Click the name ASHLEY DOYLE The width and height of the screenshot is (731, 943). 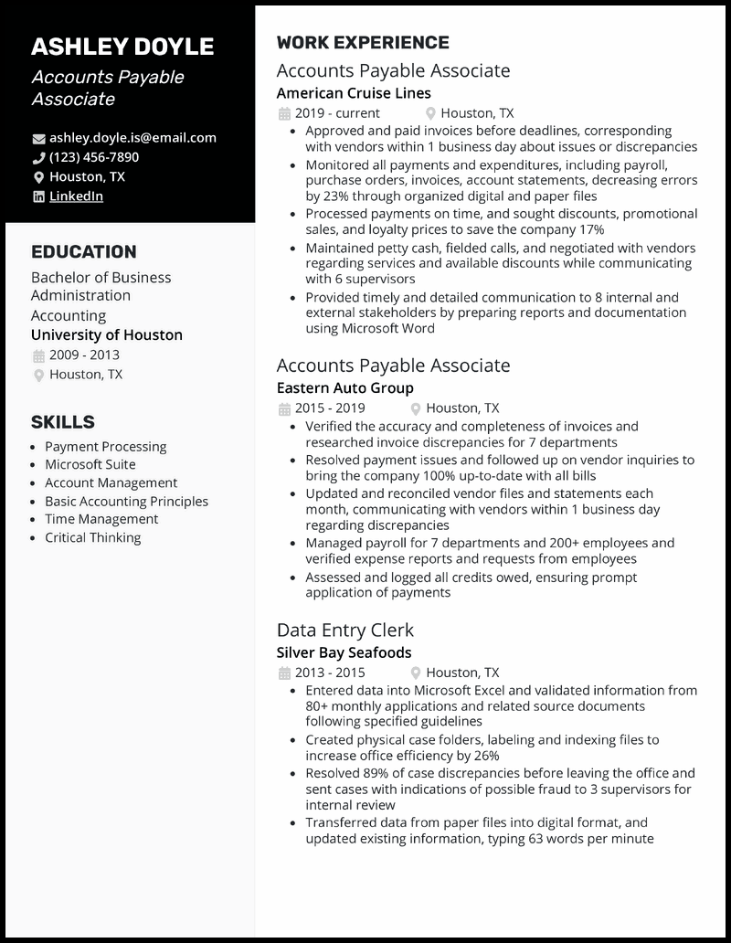point(122,47)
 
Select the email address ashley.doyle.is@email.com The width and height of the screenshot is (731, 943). point(132,138)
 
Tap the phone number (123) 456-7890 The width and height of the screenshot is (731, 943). point(94,157)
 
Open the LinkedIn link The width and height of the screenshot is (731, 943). point(76,196)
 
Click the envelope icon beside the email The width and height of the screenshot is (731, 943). point(38,139)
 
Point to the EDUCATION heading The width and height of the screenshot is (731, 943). point(84,252)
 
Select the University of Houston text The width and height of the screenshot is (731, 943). point(107,334)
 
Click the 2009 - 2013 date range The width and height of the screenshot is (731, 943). point(84,355)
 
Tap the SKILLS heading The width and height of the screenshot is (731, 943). point(63,422)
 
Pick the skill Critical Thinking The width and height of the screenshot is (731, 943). point(93,537)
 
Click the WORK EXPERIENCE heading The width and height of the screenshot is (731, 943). point(363,43)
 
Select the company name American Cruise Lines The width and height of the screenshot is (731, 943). point(354,93)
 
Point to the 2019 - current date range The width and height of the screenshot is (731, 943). point(337,113)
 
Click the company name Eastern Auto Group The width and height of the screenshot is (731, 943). point(345,387)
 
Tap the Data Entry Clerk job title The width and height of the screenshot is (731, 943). point(345,630)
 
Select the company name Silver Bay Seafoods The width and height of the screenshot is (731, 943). point(344,652)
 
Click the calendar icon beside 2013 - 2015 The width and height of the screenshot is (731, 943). point(283,673)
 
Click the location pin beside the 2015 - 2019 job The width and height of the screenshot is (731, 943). point(416,408)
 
